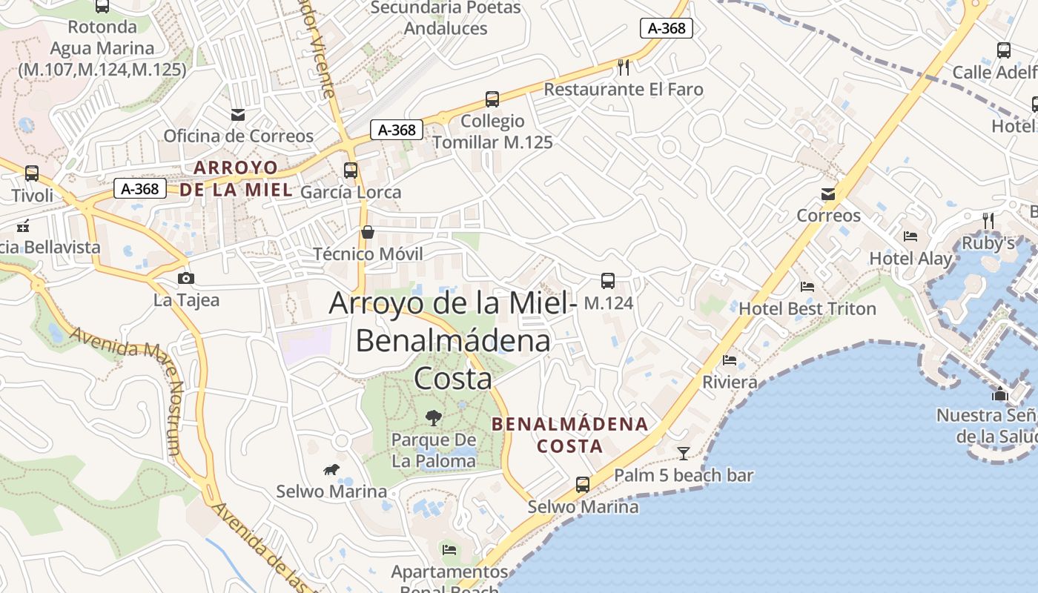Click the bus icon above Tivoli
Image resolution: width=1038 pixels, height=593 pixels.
[x=32, y=173]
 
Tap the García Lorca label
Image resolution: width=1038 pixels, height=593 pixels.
[x=351, y=192]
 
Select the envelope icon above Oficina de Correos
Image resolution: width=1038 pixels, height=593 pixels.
[x=238, y=114]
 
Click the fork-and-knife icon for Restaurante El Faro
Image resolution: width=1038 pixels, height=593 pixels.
[x=624, y=67]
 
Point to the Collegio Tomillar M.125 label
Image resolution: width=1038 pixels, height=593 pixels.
[x=492, y=131]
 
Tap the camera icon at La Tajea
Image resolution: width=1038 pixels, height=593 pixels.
[x=186, y=278]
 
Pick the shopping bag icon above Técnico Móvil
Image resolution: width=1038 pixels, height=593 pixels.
[x=367, y=232]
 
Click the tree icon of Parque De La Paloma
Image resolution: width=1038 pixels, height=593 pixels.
[x=433, y=417]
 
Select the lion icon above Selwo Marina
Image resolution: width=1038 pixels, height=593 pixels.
[x=331, y=469]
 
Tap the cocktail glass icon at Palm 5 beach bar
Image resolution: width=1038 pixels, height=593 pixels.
[x=684, y=453]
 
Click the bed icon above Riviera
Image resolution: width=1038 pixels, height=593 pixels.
[x=730, y=360]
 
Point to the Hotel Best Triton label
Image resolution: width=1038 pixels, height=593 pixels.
[x=807, y=308]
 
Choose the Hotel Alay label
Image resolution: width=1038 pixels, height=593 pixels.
[x=910, y=259]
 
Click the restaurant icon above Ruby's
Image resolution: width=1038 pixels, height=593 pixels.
[x=988, y=220]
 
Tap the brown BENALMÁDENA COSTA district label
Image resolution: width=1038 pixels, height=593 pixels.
[x=570, y=435]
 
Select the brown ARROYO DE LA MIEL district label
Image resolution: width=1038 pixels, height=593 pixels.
[x=236, y=178]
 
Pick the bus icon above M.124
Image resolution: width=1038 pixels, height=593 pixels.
[x=608, y=280]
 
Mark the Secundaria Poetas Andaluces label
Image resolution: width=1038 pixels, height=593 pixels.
[x=446, y=18]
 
